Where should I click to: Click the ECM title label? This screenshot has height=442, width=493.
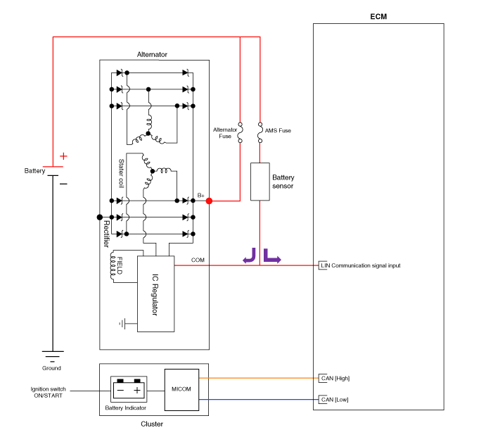pyautogui.click(x=378, y=16)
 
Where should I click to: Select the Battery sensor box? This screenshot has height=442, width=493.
pyautogui.click(x=260, y=181)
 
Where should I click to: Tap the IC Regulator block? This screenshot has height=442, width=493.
pyautogui.click(x=155, y=293)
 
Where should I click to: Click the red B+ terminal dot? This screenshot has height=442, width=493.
pyautogui.click(x=209, y=201)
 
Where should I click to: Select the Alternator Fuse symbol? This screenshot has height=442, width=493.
pyautogui.click(x=240, y=132)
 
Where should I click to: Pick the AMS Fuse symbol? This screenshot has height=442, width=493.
pyautogui.click(x=260, y=132)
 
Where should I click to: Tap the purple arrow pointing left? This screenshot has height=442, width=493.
pyautogui.click(x=250, y=255)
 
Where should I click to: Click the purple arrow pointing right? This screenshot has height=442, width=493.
pyautogui.click(x=271, y=255)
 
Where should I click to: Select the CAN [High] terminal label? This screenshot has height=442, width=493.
pyautogui.click(x=335, y=378)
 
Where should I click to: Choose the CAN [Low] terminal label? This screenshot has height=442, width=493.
pyautogui.click(x=335, y=400)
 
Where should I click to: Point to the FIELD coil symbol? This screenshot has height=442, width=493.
pyautogui.click(x=114, y=266)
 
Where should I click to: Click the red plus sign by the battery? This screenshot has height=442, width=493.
pyautogui.click(x=63, y=156)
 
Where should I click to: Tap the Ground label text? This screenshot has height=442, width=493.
pyautogui.click(x=51, y=368)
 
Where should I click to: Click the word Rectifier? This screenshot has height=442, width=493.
pyautogui.click(x=106, y=232)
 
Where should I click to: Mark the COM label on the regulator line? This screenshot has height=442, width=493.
pyautogui.click(x=198, y=260)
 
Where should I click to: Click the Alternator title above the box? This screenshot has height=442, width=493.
pyautogui.click(x=152, y=54)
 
